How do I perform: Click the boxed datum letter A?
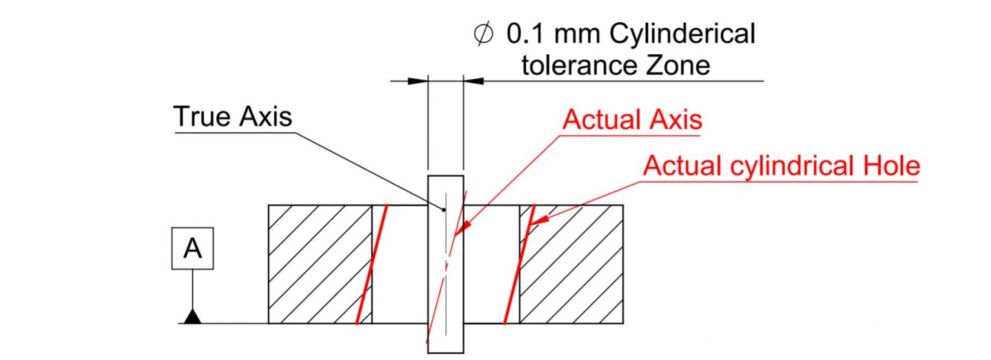pos(192,248)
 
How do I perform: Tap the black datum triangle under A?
pos(192,316)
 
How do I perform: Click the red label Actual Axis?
pos(632,120)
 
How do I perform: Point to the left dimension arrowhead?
pos(418,81)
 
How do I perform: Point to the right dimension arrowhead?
pos(473,81)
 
